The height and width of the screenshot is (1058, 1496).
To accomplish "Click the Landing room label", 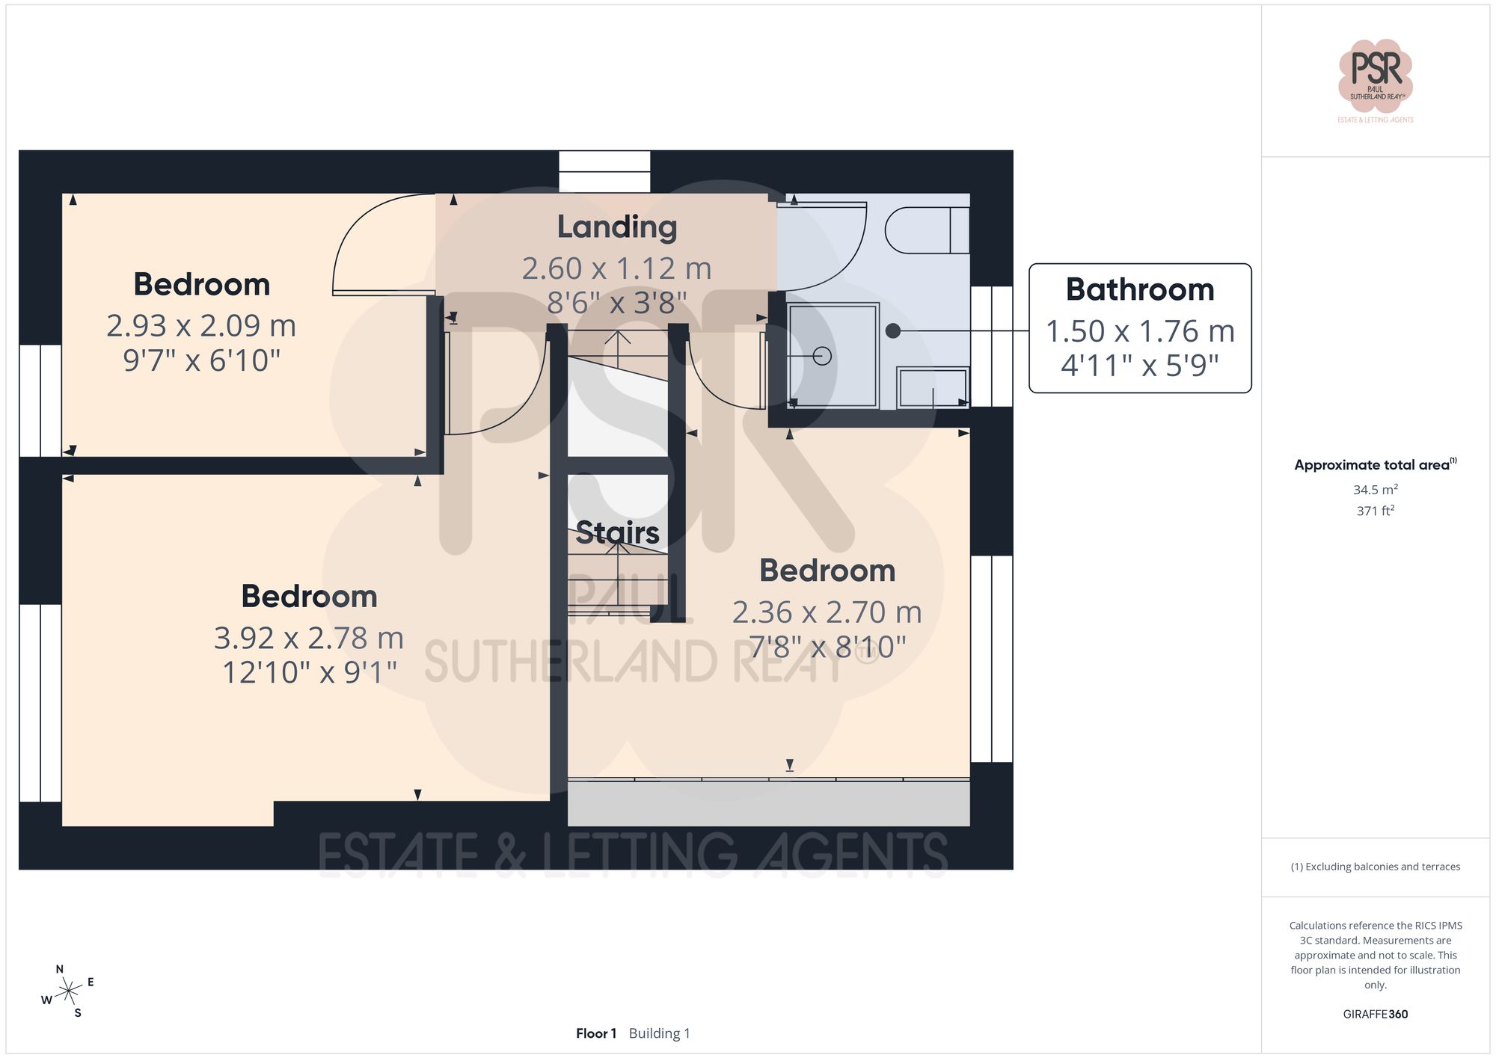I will coord(616,227).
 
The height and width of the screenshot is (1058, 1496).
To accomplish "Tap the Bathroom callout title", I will coord(1139,289).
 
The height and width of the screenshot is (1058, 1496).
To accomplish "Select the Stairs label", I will coord(617,532).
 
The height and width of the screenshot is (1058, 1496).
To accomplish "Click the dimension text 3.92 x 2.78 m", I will coord(308,638).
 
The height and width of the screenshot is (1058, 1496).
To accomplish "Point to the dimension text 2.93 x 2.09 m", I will coord(201,325).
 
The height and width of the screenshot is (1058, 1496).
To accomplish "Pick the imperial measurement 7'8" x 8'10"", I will coord(827,647).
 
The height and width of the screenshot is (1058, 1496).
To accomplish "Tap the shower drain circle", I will coord(822,356).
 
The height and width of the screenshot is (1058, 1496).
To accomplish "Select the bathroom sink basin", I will coord(932,387).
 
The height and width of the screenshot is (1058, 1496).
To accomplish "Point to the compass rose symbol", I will coord(68,991).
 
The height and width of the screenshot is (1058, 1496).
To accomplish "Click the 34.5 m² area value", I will coord(1375,490).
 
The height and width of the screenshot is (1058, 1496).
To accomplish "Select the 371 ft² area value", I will coord(1375,511).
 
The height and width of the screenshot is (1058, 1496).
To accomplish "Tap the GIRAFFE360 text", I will coord(1375,1014).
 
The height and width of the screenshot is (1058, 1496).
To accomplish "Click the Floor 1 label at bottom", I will coord(595,1033).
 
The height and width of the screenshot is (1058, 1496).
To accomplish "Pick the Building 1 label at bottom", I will coord(659,1033).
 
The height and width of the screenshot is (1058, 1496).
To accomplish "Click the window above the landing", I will coord(604,171).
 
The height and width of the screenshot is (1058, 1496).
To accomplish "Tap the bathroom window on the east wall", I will coord(991,346).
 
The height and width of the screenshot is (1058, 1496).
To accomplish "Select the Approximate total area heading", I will coord(1375,464).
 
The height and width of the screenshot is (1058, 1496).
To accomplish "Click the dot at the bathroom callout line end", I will coord(893,330).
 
